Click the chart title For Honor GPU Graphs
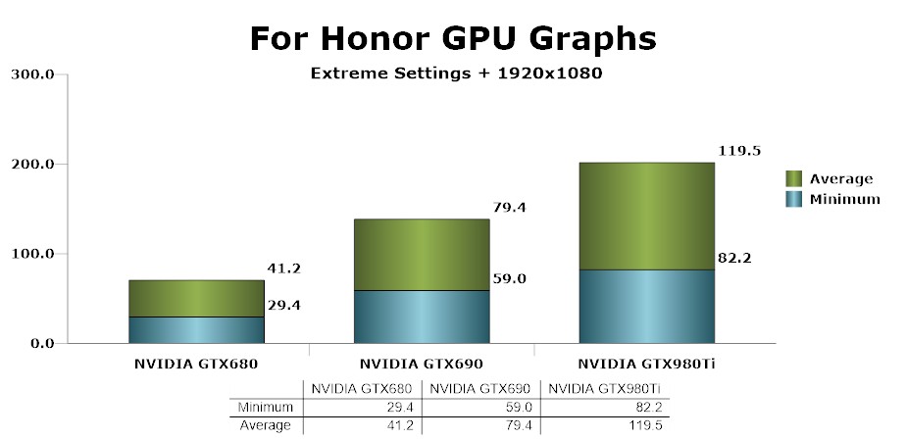pyautogui.click(x=452, y=38)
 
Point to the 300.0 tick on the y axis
pyautogui.click(x=32, y=74)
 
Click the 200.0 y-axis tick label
pyautogui.click(x=32, y=164)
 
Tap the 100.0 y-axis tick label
pyautogui.click(x=32, y=254)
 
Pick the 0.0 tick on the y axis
pyautogui.click(x=40, y=344)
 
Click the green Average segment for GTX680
pyautogui.click(x=196, y=298)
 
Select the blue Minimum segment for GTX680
pyautogui.click(x=196, y=330)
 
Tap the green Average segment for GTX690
pyautogui.click(x=421, y=255)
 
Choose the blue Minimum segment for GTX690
pyautogui.click(x=421, y=317)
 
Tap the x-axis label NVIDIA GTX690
pyautogui.click(x=421, y=364)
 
